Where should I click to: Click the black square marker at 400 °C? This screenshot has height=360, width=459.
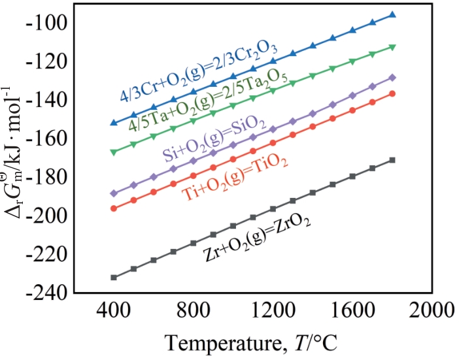point(114,277)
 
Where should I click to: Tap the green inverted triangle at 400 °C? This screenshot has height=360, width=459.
point(114,152)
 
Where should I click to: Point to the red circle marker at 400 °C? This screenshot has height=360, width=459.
point(114,208)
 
